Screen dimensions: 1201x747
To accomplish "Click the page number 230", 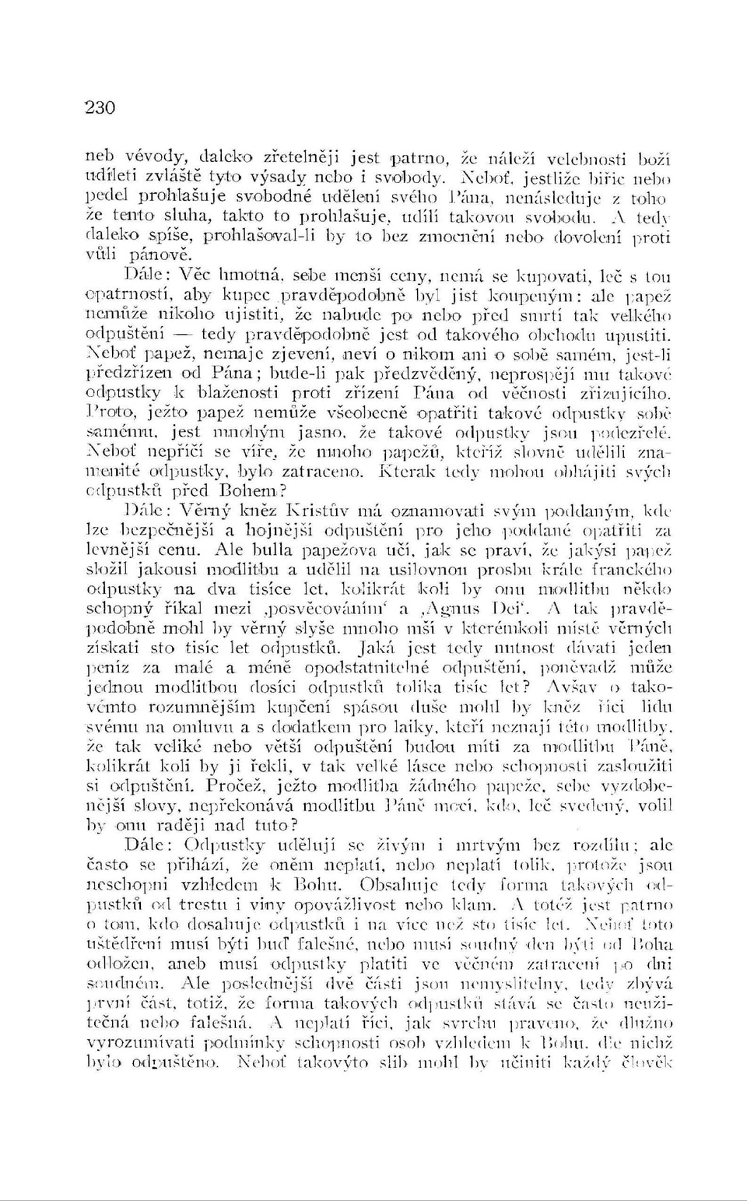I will [x=100, y=107].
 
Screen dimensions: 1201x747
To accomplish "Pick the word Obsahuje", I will [x=416, y=885].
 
